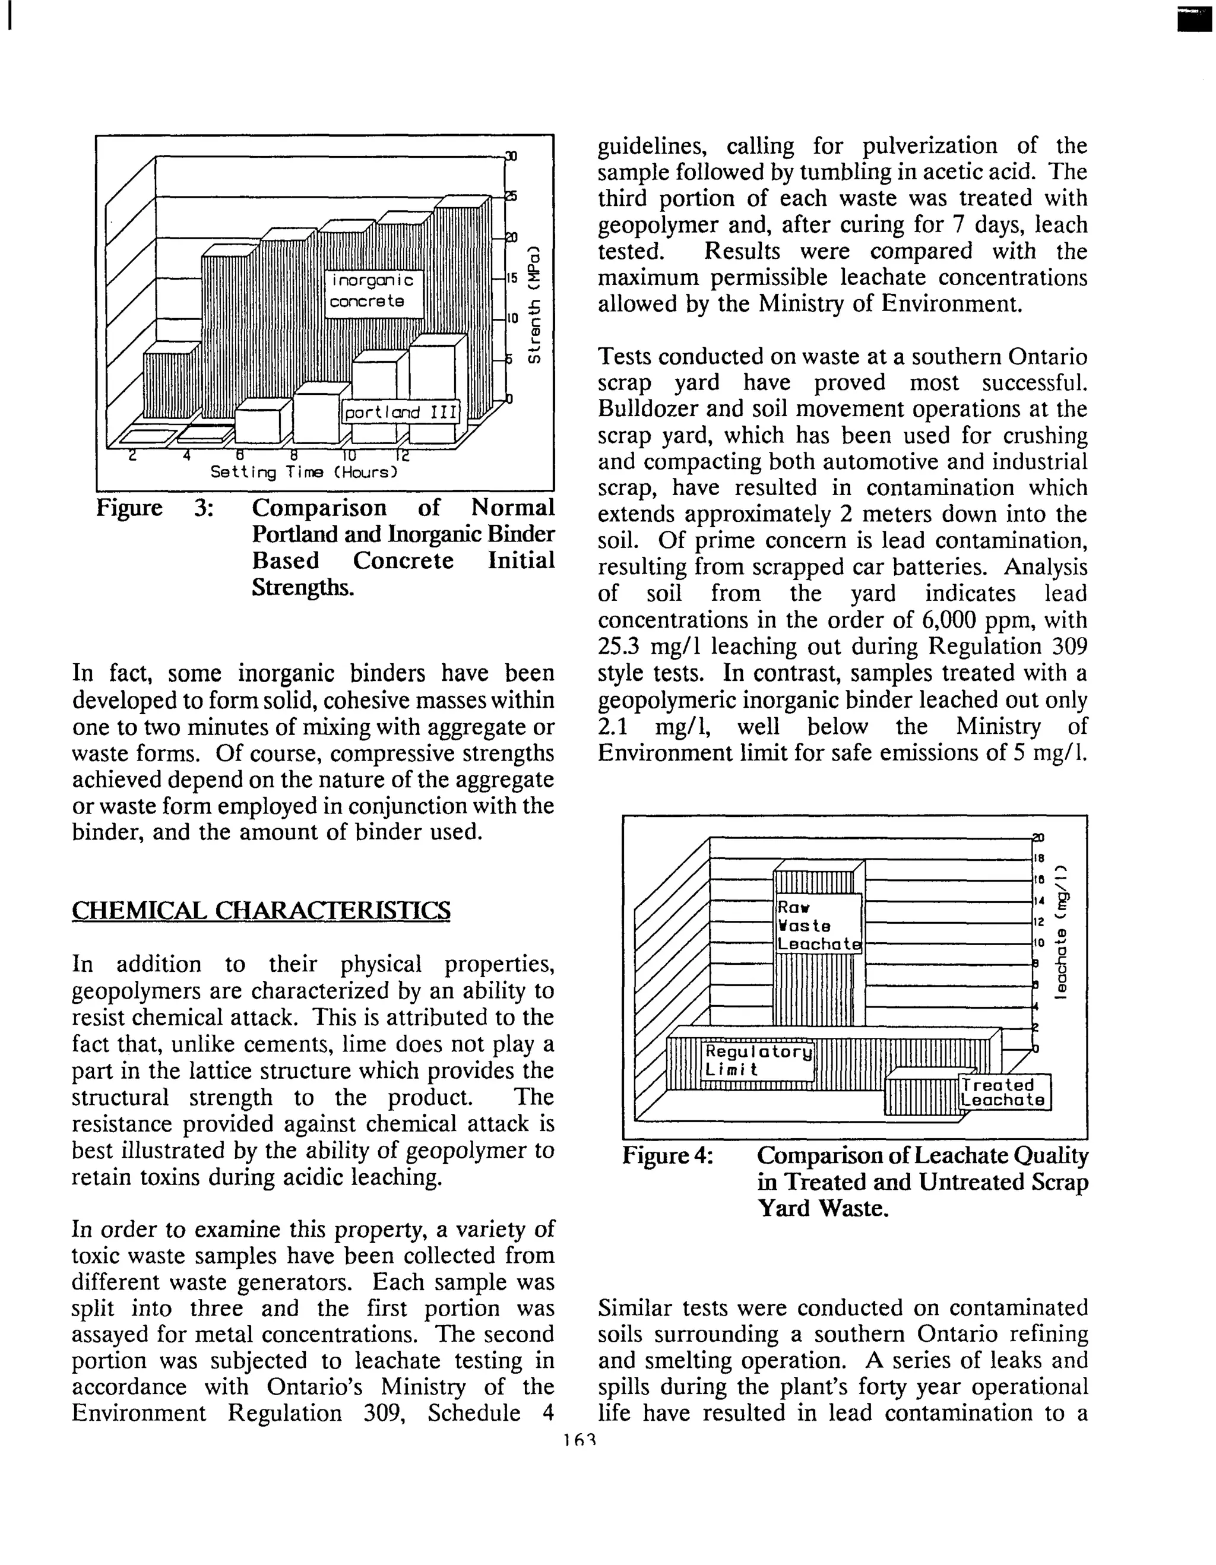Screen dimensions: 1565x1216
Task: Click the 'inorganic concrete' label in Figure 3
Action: pyautogui.click(x=373, y=291)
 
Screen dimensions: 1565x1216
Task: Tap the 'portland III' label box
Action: pyautogui.click(x=401, y=412)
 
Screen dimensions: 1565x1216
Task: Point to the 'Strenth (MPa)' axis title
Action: pyautogui.click(x=533, y=305)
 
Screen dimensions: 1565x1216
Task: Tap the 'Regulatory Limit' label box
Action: pyautogui.click(x=758, y=1060)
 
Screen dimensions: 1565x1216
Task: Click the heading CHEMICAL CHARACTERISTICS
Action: pyautogui.click(x=261, y=910)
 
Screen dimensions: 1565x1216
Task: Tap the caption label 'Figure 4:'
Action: pyautogui.click(x=667, y=1156)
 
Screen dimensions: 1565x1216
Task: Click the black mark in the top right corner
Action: pyautogui.click(x=1188, y=21)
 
